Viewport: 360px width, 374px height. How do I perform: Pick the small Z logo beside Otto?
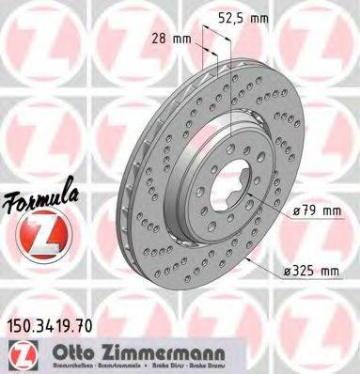pyautogui.click(x=18, y=355)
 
